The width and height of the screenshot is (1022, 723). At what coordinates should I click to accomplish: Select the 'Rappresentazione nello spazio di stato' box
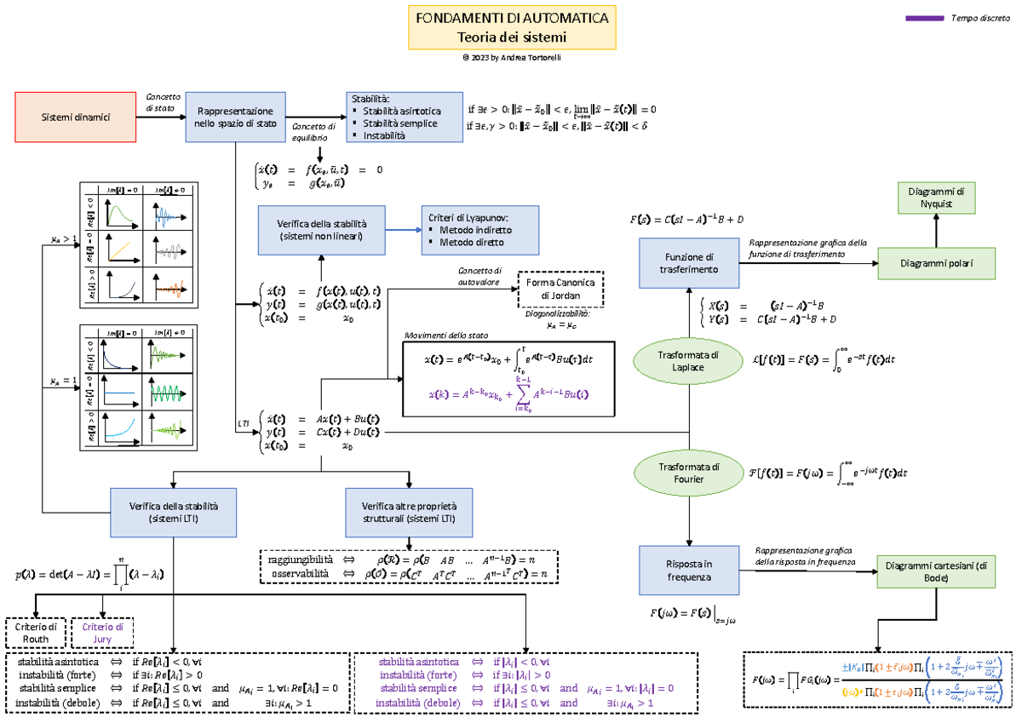coord(235,117)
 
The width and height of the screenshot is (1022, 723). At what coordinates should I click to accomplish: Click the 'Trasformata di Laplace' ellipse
coord(689,361)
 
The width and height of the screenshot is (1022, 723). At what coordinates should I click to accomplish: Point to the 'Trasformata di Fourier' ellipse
coord(689,473)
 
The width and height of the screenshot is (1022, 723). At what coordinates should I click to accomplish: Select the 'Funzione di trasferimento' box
coord(690,263)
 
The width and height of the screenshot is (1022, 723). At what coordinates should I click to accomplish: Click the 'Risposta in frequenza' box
coord(690,571)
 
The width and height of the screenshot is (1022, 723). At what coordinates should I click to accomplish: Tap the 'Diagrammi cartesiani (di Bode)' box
coord(934,572)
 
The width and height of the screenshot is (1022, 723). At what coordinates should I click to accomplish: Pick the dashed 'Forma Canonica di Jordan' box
coord(560,290)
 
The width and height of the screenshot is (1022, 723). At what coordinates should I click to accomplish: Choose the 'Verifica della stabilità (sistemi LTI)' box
coord(173,512)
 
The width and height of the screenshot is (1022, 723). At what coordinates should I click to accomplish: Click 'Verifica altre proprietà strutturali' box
coord(409,512)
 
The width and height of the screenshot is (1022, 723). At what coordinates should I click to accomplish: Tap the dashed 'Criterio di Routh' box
coord(36,633)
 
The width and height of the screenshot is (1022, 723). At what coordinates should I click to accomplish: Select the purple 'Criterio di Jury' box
coord(102,633)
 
